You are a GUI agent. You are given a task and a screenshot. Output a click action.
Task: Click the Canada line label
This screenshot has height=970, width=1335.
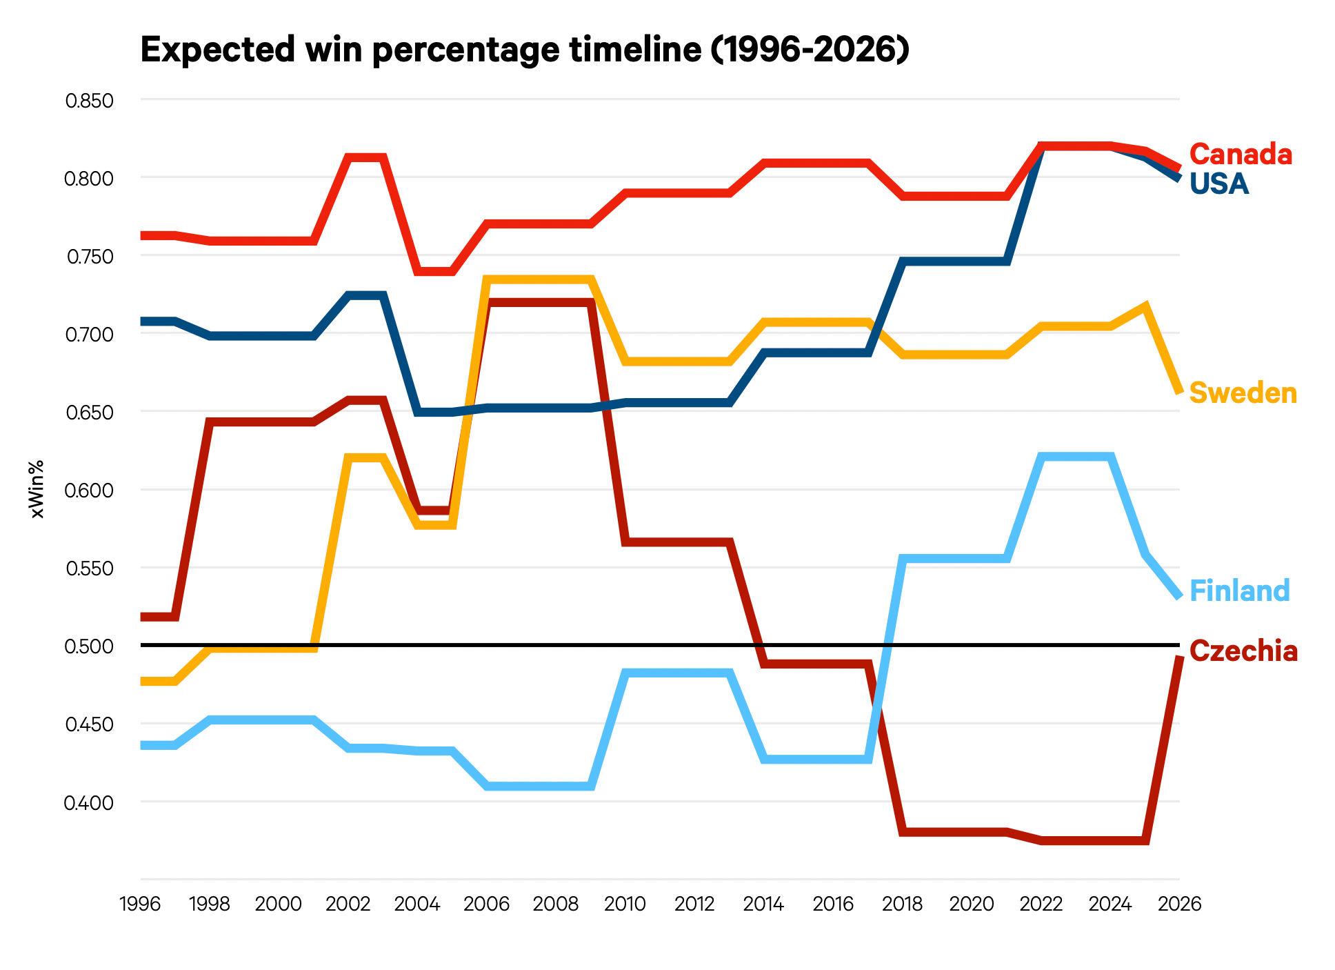(x=1240, y=155)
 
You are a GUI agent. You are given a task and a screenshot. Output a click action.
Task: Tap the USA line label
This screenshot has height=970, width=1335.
(x=1218, y=184)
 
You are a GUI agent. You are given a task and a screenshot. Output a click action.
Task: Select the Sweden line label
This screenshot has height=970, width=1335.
(x=1243, y=393)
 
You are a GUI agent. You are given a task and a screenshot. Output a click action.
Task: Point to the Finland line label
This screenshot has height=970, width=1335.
(x=1239, y=591)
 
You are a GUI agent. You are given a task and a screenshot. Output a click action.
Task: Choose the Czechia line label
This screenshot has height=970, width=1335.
(x=1243, y=651)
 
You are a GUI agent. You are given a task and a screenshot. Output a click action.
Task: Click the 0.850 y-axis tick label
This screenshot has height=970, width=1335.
(x=89, y=101)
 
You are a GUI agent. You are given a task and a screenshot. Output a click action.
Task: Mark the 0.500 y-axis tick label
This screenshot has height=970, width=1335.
(x=89, y=647)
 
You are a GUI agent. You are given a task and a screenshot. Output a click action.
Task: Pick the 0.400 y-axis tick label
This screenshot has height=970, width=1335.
(x=89, y=803)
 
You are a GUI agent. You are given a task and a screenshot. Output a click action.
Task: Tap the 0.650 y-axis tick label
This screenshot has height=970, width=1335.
(x=89, y=413)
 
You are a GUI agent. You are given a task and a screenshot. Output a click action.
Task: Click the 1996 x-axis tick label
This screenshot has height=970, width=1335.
(x=141, y=904)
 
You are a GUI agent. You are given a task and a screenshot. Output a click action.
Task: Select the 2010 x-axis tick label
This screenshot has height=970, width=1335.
(x=625, y=904)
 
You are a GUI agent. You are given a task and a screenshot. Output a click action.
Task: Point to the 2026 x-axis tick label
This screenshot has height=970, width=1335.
(x=1179, y=904)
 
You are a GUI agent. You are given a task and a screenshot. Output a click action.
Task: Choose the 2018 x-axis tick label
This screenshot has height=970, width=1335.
(x=902, y=904)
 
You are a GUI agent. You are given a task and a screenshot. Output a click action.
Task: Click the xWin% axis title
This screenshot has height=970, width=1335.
(x=37, y=488)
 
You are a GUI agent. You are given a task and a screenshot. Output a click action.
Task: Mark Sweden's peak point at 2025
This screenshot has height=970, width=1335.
(x=1145, y=306)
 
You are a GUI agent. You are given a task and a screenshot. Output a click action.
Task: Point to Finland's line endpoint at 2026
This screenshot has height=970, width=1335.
(x=1179, y=596)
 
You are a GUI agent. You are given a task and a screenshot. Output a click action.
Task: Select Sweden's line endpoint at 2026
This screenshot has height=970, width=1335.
(x=1179, y=391)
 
